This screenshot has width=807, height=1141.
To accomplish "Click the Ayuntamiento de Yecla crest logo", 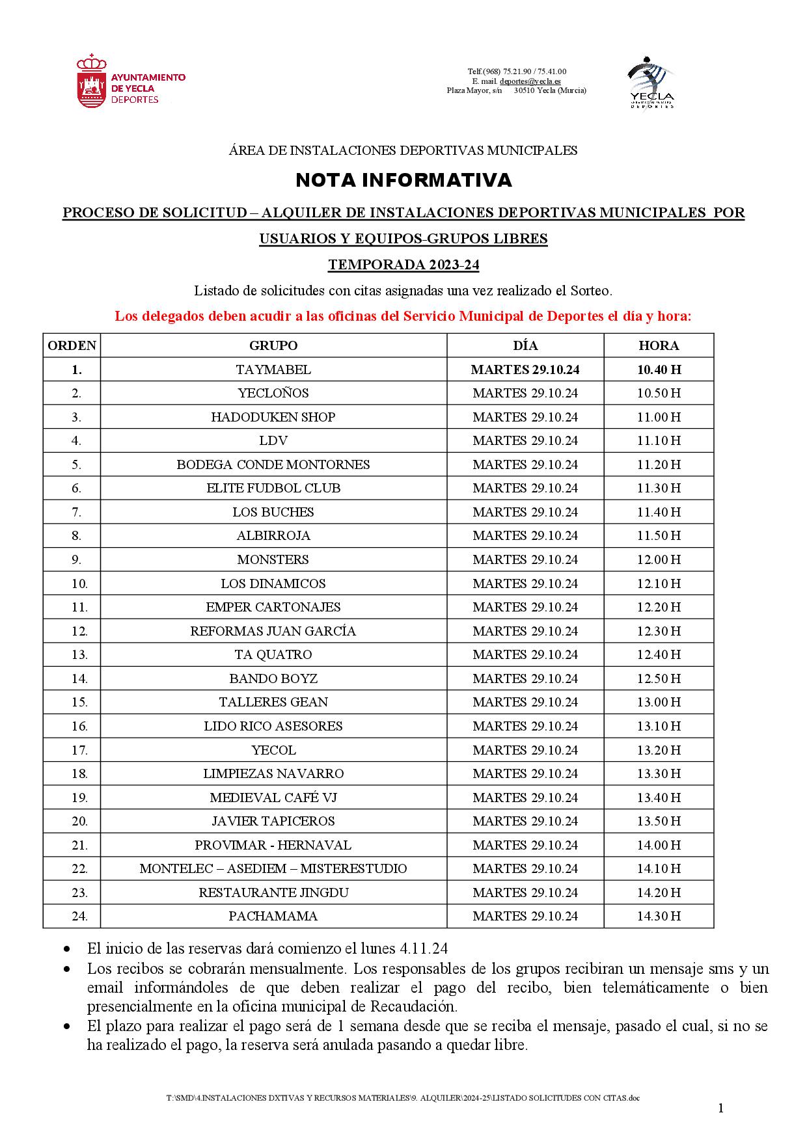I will click(91, 81).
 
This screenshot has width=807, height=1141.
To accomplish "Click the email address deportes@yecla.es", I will click(530, 81).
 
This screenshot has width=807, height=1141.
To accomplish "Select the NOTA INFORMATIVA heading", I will click(403, 180).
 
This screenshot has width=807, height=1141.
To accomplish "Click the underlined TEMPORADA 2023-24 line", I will click(403, 265).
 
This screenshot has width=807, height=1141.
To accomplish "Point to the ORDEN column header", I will click(72, 345).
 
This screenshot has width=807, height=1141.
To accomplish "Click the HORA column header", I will click(659, 345).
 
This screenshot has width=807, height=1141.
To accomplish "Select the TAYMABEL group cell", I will click(273, 369).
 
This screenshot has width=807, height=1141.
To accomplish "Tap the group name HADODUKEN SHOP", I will click(273, 417).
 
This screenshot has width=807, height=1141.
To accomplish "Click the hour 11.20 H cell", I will click(659, 464).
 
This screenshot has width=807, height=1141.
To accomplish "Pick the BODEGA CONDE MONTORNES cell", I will click(273, 464).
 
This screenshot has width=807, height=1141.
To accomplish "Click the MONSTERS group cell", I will click(273, 559).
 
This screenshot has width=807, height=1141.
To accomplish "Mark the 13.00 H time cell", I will click(659, 702).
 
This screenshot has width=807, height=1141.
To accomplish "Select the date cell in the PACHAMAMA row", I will click(525, 916).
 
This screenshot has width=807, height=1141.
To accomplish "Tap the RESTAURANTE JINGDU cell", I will click(273, 893).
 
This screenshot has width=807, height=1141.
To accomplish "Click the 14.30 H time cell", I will click(659, 916).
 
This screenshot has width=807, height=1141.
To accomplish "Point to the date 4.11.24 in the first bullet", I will click(423, 948).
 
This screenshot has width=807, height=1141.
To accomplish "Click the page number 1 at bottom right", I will click(721, 1108).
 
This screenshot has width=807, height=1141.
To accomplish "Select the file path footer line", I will click(403, 1098).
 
